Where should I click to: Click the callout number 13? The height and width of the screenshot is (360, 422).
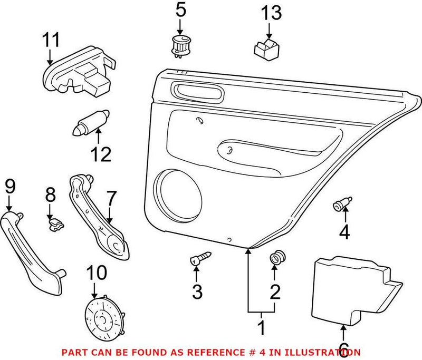point(268,12)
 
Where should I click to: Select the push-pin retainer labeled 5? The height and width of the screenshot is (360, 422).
point(180,45)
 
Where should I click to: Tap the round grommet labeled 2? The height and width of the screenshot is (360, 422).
point(275,259)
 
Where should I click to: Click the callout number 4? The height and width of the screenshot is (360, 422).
point(344,231)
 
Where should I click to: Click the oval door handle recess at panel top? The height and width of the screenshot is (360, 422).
point(196,91)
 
